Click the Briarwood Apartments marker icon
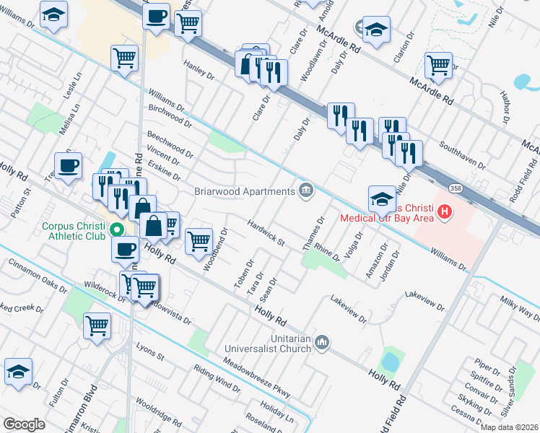coord(307,191)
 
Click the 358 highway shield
coord(456,188)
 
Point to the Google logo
coord(24,424)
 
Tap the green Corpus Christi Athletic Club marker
coord(116,231)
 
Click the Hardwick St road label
coord(267,233)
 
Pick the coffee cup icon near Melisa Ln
coord(69,165)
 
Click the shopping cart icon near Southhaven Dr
coord(438,64)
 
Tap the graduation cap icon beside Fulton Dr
coord(19,372)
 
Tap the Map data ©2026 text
coord(508,427)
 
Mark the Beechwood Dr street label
coord(170,144)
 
